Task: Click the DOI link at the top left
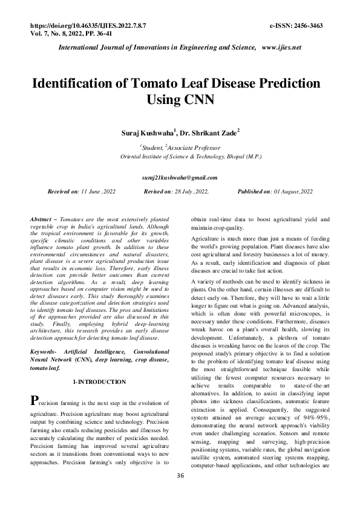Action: (87, 26)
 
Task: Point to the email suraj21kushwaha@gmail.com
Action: (179, 178)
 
